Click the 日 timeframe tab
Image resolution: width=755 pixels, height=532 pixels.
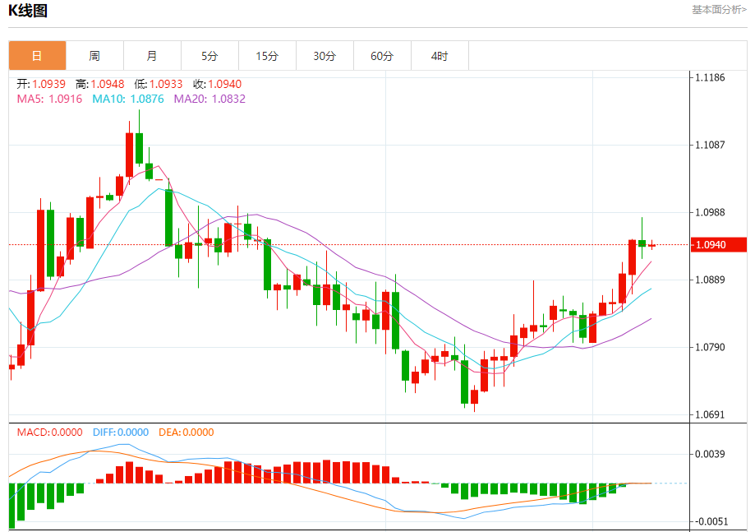click(37, 56)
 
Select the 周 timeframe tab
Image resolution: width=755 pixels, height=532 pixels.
click(94, 56)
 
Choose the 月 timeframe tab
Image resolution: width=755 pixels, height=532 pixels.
click(152, 56)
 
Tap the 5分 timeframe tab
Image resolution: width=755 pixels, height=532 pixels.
click(209, 56)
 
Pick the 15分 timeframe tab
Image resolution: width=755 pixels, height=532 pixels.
click(267, 56)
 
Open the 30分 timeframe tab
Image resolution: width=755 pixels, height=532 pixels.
click(325, 56)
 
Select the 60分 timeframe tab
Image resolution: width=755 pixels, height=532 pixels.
click(382, 56)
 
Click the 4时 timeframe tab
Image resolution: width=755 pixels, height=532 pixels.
click(440, 56)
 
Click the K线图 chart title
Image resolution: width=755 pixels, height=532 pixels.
click(28, 11)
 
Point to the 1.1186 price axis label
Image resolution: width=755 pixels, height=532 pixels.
click(710, 77)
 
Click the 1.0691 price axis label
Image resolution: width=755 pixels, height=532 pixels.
click(710, 414)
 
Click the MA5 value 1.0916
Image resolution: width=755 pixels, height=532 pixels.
click(66, 99)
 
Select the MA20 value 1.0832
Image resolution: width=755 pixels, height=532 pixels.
click(228, 99)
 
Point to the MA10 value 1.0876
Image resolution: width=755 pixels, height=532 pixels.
click(146, 99)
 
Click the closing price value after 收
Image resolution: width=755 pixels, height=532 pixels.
click(225, 84)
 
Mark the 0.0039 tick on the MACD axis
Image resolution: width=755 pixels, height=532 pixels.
click(711, 454)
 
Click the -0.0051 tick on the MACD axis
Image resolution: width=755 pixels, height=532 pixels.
click(711, 521)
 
